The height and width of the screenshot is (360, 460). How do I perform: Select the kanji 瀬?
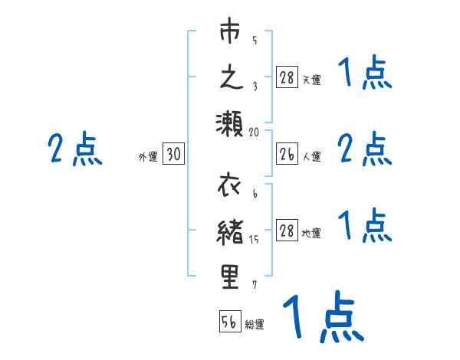(229, 123)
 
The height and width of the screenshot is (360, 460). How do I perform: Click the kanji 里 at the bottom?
(230, 277)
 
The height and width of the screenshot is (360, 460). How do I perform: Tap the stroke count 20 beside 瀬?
(255, 131)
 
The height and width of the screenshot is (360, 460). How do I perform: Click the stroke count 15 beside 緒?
(255, 240)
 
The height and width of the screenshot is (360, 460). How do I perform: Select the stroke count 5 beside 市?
(255, 41)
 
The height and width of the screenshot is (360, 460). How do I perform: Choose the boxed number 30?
(173, 155)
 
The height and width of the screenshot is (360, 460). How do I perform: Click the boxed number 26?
(286, 155)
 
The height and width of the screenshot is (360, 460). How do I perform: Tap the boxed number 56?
(229, 322)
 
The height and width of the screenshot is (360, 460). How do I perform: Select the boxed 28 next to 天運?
(286, 78)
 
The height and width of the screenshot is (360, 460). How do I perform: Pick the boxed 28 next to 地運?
(286, 231)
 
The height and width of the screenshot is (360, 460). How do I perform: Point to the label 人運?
(311, 157)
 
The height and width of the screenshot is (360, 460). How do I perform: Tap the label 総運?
(255, 325)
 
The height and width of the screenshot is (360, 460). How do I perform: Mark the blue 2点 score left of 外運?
(75, 149)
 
